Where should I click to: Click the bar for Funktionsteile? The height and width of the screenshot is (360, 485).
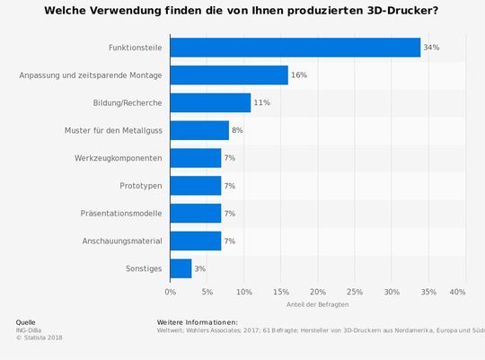tap(295, 48)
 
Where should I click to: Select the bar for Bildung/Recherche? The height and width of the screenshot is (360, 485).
tap(210, 102)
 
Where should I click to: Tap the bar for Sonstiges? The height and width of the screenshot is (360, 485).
tap(181, 268)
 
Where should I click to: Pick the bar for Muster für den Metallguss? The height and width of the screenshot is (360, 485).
tap(199, 130)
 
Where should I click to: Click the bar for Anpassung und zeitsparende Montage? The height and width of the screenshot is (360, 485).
tap(229, 75)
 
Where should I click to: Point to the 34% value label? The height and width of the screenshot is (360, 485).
tap(431, 48)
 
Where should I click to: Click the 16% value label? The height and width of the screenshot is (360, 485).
tap(299, 75)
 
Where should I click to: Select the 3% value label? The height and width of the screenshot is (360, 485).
tap(201, 268)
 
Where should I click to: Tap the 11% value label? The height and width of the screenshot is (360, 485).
tap(262, 102)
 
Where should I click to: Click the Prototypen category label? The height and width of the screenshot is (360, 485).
tap(140, 186)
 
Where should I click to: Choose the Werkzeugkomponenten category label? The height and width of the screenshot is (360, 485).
tap(119, 158)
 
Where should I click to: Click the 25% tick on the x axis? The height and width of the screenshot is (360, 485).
tap(354, 292)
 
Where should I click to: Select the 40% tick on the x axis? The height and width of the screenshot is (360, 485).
tap(457, 292)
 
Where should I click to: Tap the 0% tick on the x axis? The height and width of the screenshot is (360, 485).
tap(170, 292)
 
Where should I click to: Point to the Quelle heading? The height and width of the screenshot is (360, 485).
tap(26, 321)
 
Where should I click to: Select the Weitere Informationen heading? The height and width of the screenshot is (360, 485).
tap(197, 321)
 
